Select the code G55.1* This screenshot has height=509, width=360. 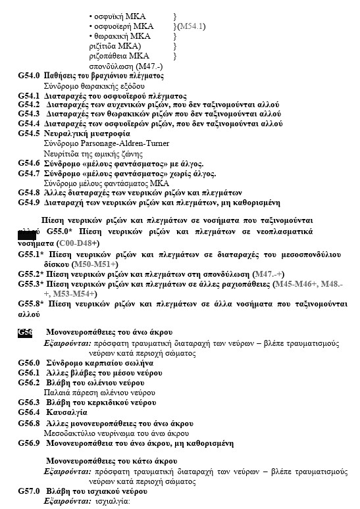[x=31, y=254]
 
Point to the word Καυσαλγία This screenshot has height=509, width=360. [x=66, y=412]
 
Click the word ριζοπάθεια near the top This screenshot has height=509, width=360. [x=109, y=57]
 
